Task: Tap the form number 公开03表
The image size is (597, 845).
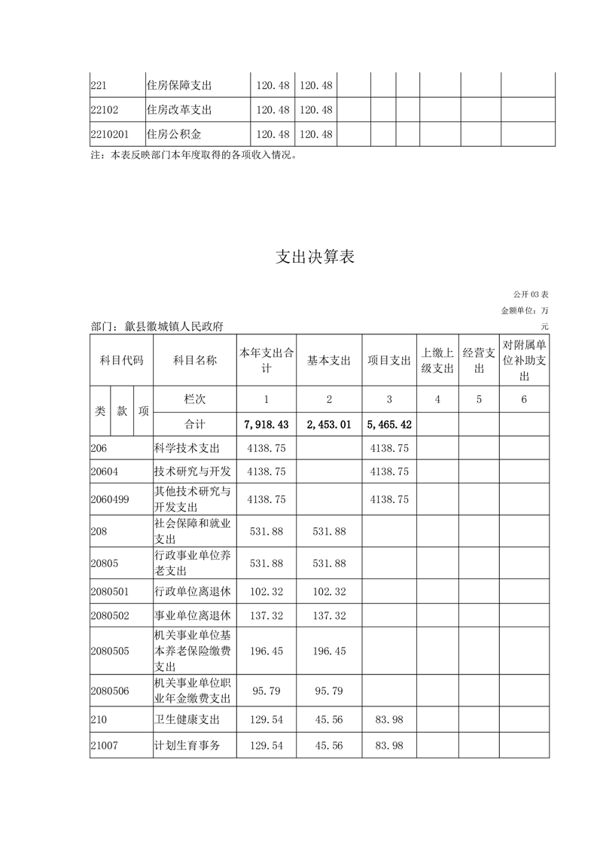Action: coord(531,293)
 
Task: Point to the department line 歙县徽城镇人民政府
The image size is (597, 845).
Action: coord(157,326)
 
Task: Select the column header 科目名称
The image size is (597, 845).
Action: coord(194,361)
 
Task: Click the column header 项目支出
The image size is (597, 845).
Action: coord(388,361)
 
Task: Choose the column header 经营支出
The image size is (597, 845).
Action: coord(479,360)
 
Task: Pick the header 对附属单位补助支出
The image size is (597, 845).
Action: coord(524,360)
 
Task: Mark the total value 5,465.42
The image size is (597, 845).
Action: coord(388,424)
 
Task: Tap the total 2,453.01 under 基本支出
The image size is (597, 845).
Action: coord(329,424)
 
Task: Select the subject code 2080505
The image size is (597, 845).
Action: coord(109,651)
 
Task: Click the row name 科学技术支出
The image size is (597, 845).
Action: coord(187,448)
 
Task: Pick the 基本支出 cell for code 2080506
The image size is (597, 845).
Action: coord(329,691)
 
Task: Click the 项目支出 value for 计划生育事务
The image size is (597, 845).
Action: coord(388,745)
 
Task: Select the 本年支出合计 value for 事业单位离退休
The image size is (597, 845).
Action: coord(266,615)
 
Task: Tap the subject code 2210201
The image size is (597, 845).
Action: coord(109,134)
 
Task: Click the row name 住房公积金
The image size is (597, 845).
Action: coord(175,134)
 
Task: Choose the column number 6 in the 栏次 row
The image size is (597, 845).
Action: coord(524,399)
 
